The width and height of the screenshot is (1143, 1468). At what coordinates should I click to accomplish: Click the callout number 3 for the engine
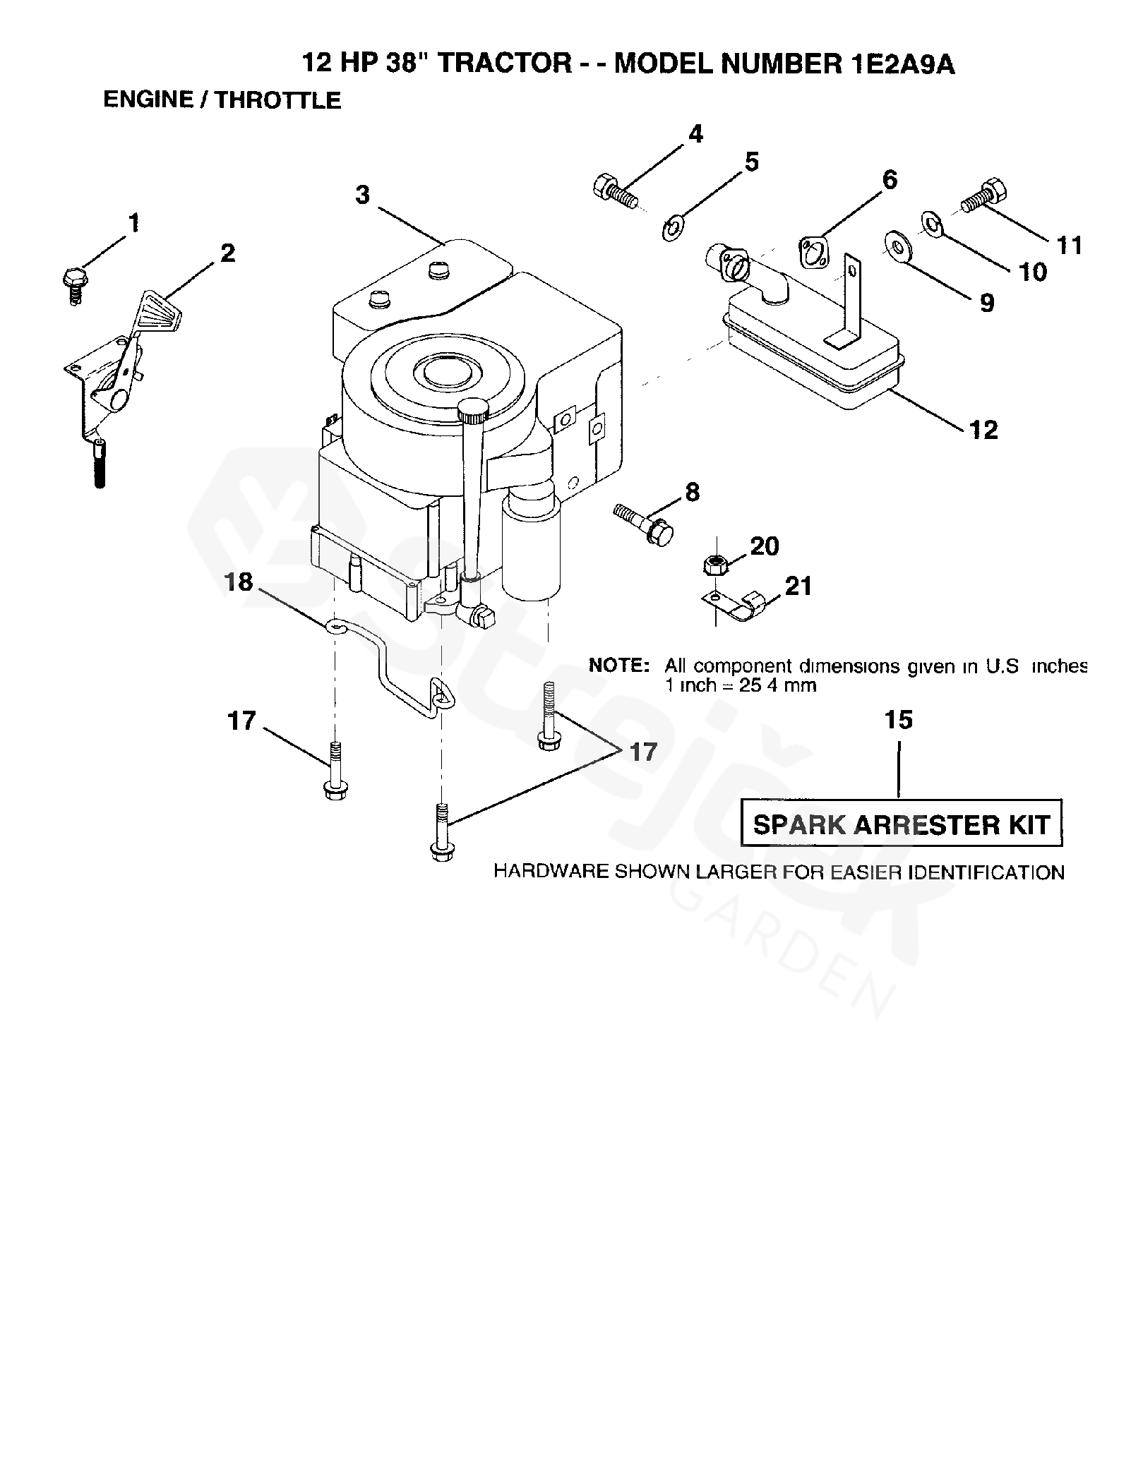coord(362,195)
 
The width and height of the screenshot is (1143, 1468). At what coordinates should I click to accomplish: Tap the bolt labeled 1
coord(74,285)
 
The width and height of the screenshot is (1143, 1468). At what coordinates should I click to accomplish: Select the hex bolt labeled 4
coord(615,189)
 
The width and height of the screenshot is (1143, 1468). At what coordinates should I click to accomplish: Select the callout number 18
coord(239,582)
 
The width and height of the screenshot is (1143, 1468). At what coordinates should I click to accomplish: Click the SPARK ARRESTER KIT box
coord(902,823)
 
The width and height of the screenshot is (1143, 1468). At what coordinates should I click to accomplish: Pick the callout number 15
coord(899,720)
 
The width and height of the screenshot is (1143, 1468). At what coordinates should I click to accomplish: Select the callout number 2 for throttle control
coord(227,253)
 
